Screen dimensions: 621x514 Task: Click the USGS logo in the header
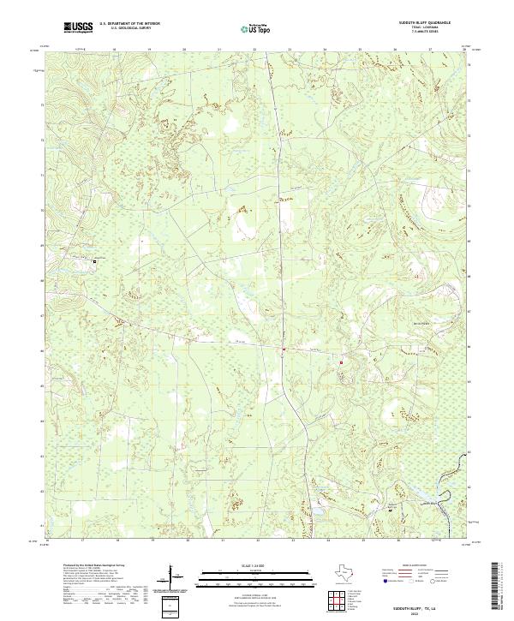point(78,27)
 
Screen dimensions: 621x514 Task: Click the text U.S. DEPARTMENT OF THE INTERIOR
point(129,24)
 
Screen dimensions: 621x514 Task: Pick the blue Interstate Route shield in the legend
point(383,589)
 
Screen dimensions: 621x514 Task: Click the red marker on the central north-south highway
point(284,349)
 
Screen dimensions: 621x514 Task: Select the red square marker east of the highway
point(342,362)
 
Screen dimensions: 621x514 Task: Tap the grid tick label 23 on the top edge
point(290,51)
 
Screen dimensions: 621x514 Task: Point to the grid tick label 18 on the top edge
point(116,51)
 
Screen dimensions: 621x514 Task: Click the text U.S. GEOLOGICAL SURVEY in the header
point(125,29)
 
